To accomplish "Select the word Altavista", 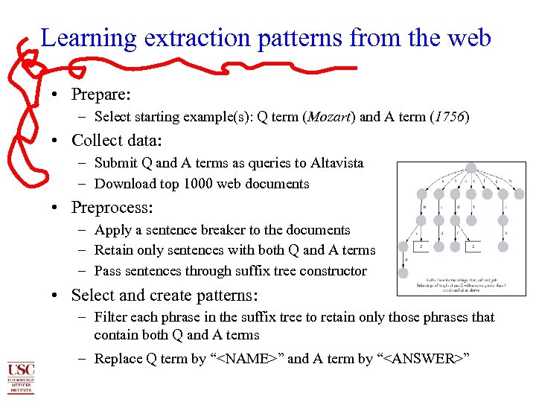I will tap(336, 163).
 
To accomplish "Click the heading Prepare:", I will tap(101, 95).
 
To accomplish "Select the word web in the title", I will tap(468, 37).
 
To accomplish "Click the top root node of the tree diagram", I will tap(470, 168).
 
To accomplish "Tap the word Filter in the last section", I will tap(110, 317).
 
